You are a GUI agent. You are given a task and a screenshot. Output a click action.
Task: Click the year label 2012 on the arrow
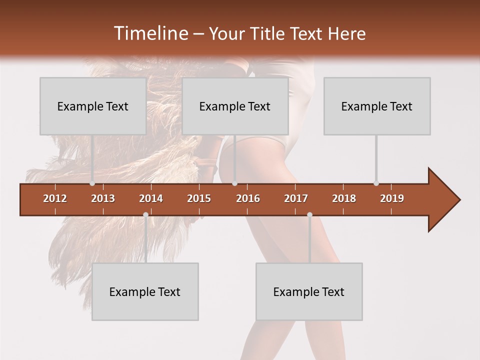(55, 198)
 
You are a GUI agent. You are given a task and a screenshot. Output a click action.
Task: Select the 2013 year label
(103, 198)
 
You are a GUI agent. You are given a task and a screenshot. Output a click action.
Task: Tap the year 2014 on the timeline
(151, 198)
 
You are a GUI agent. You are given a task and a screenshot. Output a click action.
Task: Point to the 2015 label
(199, 198)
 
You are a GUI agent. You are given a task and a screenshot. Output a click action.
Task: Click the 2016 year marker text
(248, 198)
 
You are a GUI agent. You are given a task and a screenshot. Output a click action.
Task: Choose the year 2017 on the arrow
(296, 198)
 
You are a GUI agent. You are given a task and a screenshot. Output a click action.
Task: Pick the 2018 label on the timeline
(344, 198)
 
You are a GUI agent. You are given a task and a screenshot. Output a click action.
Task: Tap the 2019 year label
(392, 198)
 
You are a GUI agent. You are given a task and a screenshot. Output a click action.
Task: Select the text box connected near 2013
(93, 106)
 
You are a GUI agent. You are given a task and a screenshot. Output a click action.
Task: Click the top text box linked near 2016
(235, 106)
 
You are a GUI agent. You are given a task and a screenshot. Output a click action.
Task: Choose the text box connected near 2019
(377, 106)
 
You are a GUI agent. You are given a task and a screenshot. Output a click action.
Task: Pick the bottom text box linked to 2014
(145, 291)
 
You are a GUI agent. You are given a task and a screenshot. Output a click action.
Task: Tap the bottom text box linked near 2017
(309, 291)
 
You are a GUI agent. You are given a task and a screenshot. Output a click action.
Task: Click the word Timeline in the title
(150, 33)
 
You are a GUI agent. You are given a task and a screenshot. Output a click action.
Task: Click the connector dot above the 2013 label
(92, 183)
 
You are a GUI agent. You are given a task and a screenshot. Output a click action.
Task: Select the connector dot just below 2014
(145, 215)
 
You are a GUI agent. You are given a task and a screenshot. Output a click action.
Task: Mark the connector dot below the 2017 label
(309, 215)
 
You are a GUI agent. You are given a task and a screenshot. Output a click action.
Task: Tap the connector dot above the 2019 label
(376, 183)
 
